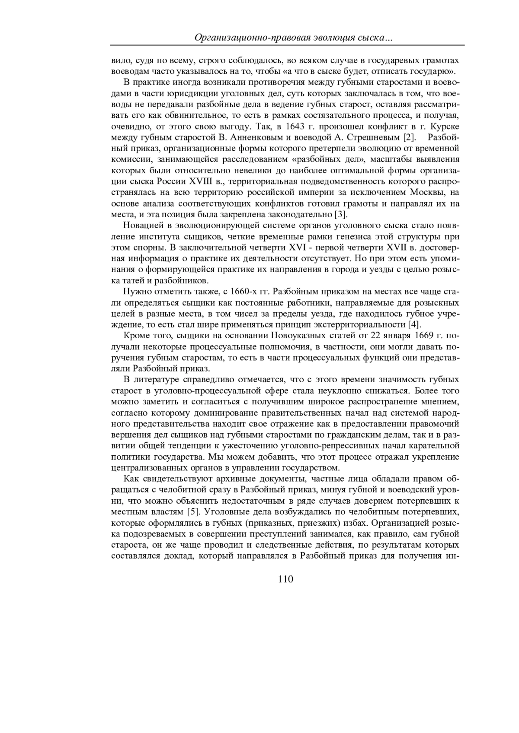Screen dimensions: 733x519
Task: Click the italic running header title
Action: tap(293, 38)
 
